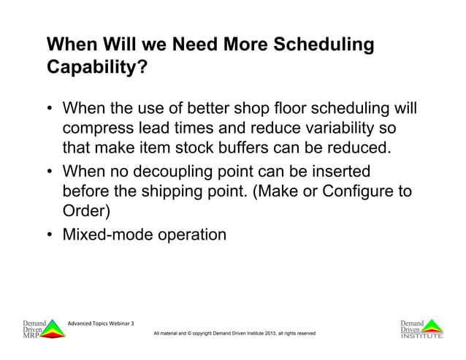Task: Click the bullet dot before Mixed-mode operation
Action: [x=50, y=235]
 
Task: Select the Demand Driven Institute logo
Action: [x=421, y=329]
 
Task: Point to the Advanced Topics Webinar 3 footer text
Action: [x=101, y=323]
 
